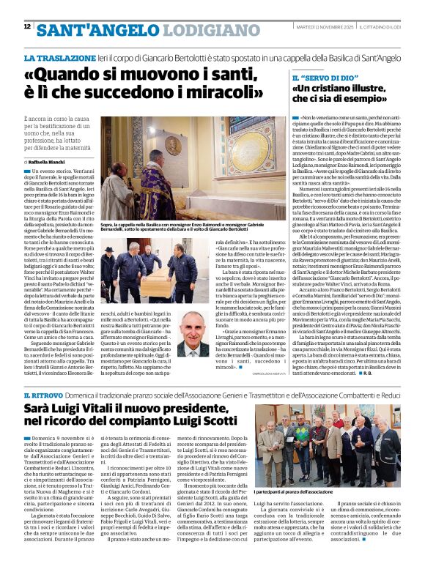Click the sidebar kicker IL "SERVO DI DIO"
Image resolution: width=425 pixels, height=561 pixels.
[322, 78]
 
